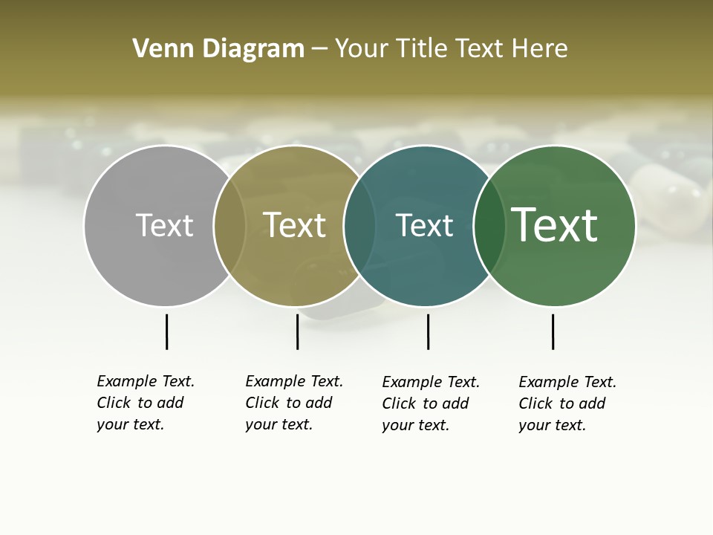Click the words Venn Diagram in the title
[218, 49]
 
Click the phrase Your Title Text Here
[451, 49]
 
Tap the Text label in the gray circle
[164, 225]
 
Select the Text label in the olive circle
[294, 225]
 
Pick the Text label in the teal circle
[424, 225]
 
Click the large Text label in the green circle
[555, 225]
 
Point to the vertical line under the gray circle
[166, 331]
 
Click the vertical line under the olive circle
[297, 331]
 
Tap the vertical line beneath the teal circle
[428, 331]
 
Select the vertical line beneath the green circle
[553, 331]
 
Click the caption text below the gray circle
[146, 403]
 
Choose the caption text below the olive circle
[294, 403]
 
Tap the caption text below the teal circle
[431, 403]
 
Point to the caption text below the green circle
[567, 403]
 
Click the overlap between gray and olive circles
[229, 225]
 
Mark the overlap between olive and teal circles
[359, 225]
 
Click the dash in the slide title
[319, 50]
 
